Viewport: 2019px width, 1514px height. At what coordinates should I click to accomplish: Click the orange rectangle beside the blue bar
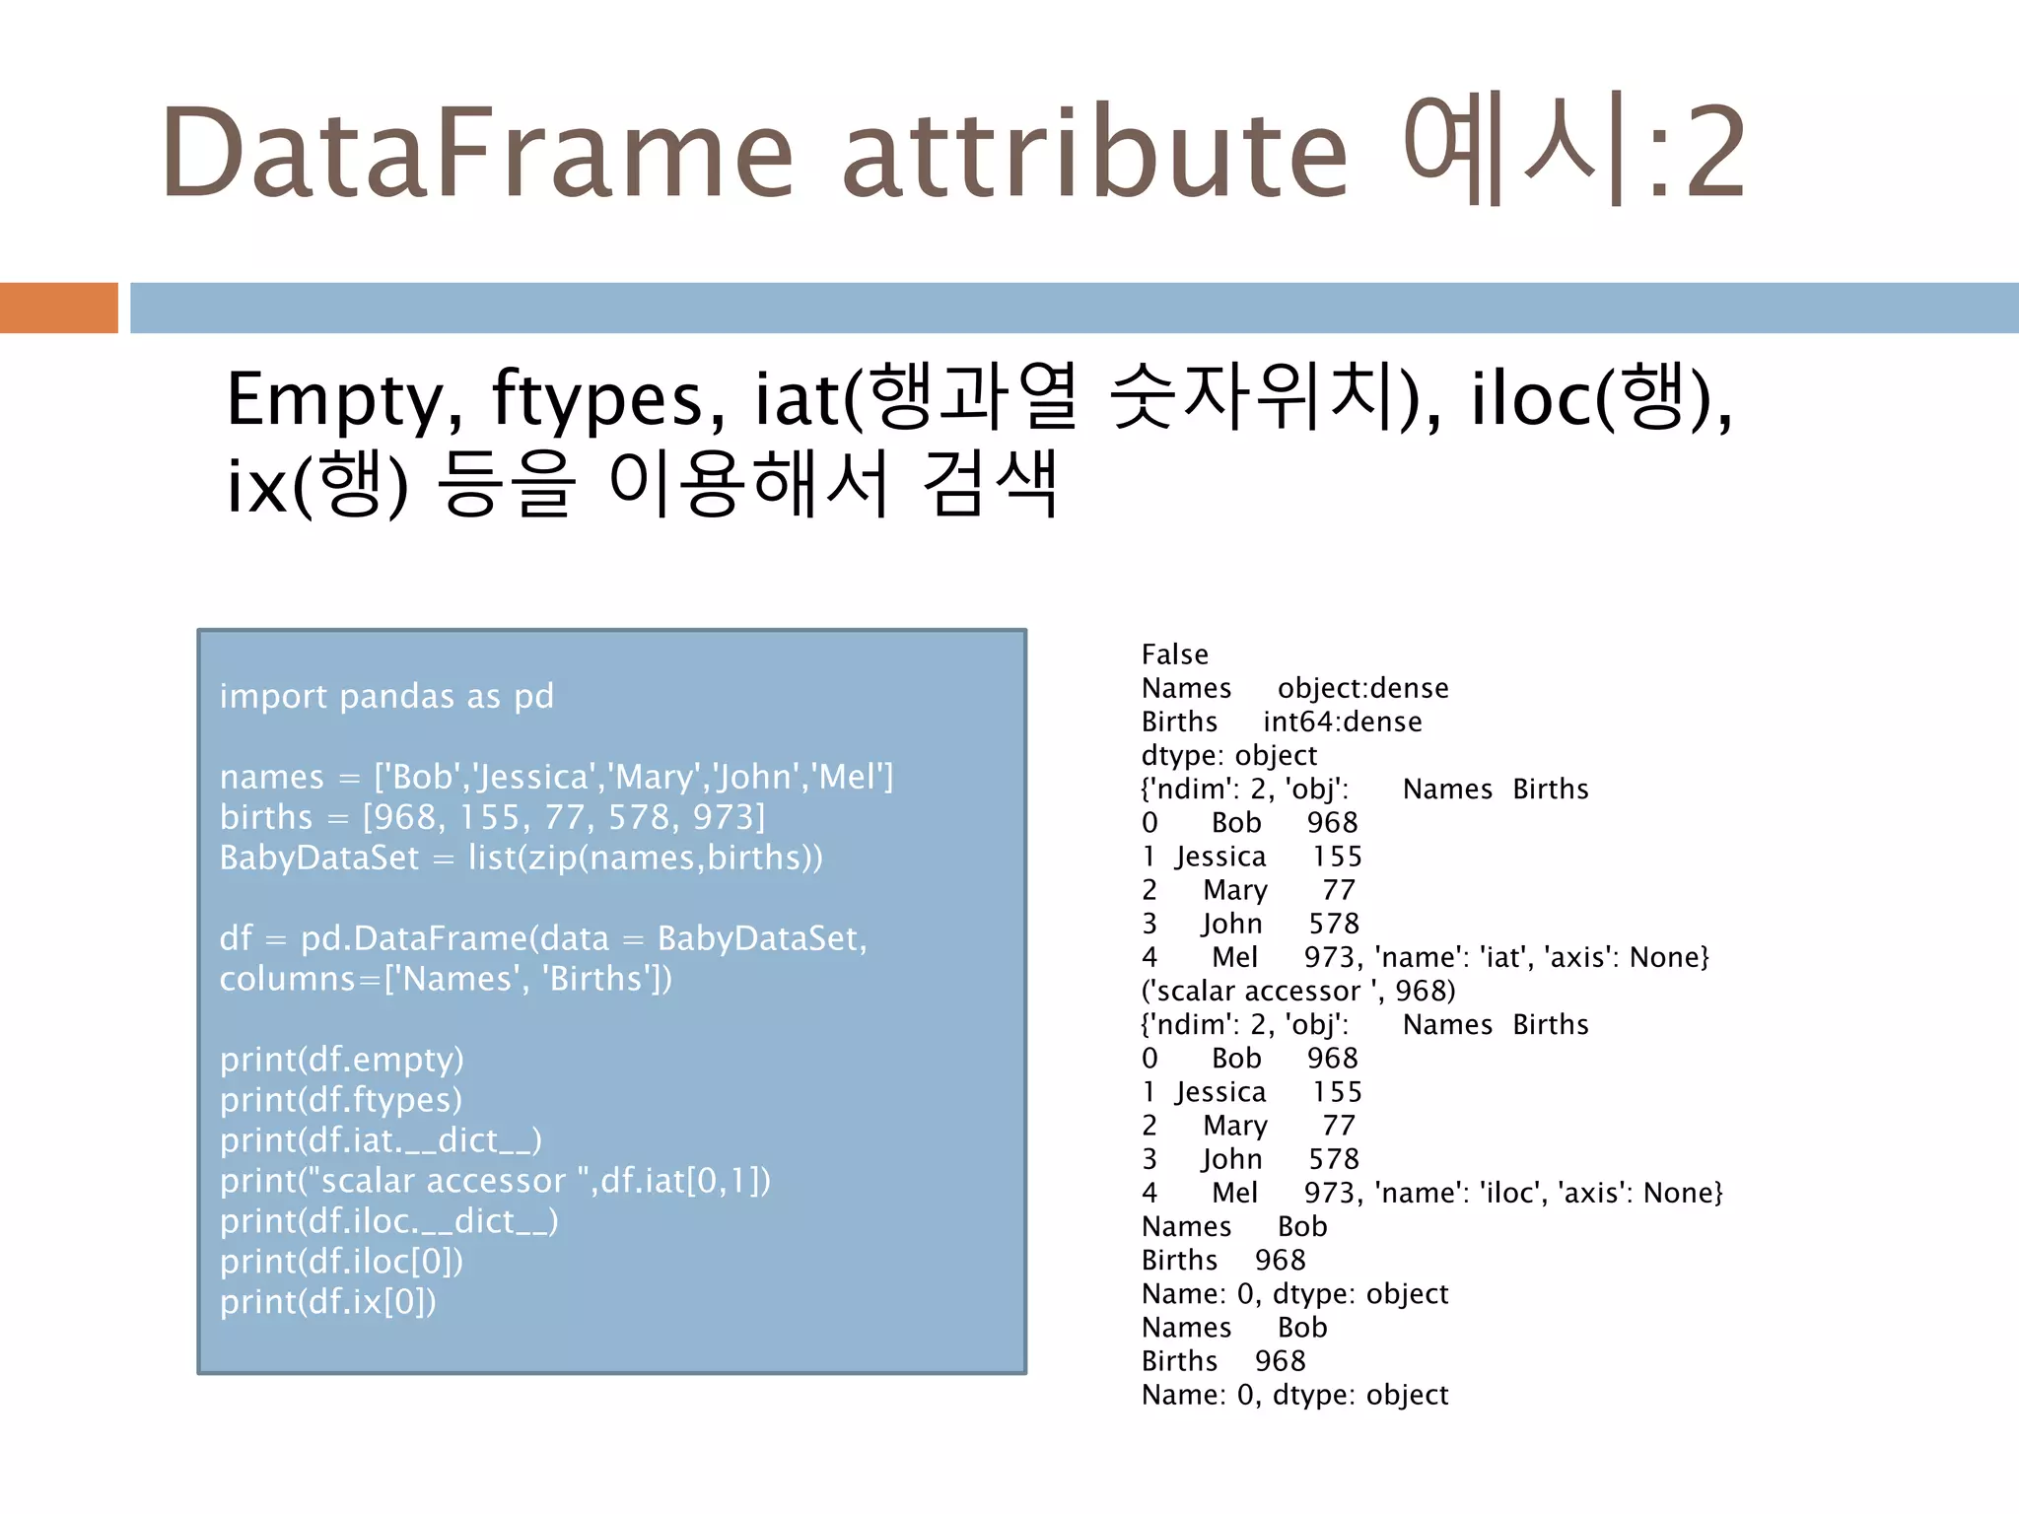(58, 308)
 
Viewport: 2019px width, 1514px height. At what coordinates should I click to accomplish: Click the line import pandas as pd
(386, 696)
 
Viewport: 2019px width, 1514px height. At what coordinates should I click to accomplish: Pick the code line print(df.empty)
(341, 1060)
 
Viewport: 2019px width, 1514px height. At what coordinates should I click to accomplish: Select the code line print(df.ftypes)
(340, 1100)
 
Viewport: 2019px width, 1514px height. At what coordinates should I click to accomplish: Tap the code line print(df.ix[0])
(327, 1302)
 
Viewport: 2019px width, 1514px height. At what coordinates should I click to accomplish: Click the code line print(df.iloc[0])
(341, 1262)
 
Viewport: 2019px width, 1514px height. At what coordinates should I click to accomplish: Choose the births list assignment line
(492, 817)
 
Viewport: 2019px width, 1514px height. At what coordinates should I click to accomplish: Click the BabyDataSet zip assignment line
(521, 858)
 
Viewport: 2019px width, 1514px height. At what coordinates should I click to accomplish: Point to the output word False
(1174, 654)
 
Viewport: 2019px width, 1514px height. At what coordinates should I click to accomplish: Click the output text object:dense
(1362, 688)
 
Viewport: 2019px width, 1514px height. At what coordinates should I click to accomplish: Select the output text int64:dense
(1342, 722)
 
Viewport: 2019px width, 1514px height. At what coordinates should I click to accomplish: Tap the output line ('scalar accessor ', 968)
(1297, 991)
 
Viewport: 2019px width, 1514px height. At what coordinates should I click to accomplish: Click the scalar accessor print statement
(495, 1181)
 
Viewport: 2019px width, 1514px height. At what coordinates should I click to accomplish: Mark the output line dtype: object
(1228, 755)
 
